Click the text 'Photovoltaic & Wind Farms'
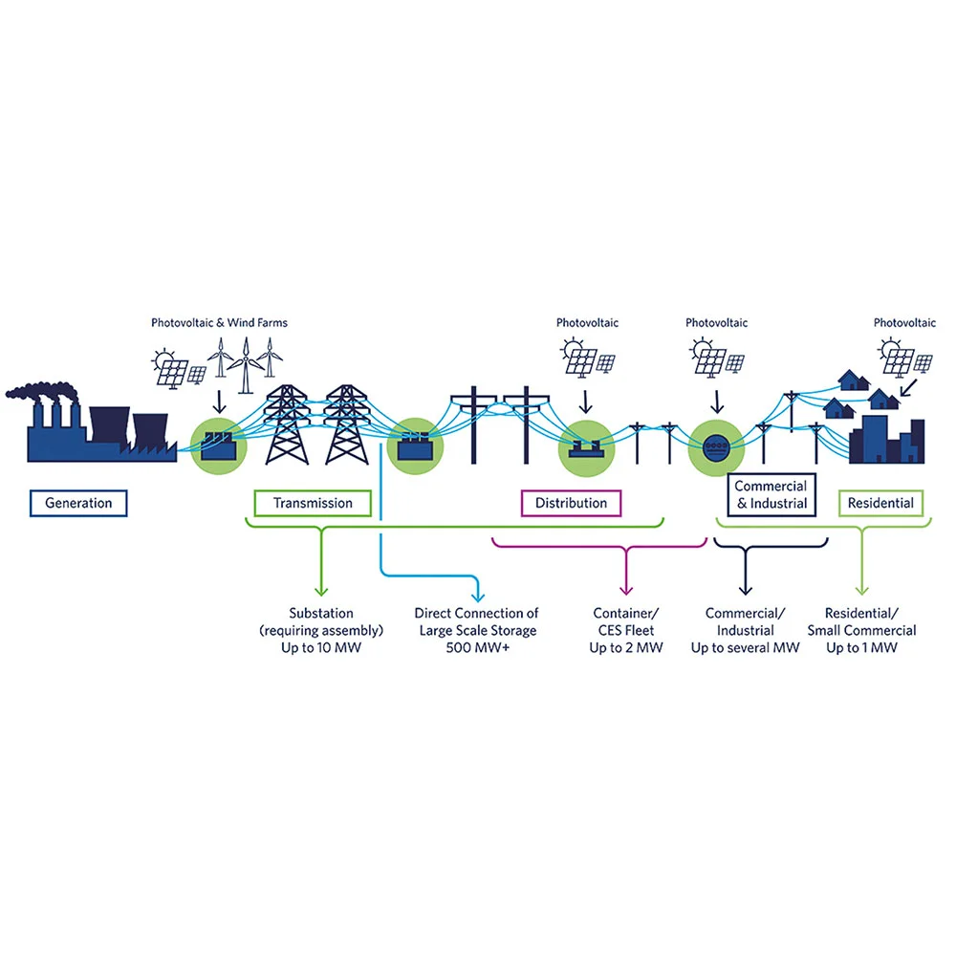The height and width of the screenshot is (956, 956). click(220, 322)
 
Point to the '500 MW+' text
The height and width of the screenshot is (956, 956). click(477, 647)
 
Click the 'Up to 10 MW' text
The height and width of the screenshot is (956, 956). click(321, 647)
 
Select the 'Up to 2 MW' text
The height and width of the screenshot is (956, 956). click(626, 647)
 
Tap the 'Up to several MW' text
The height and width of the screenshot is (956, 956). click(745, 647)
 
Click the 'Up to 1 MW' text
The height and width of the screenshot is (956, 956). click(862, 647)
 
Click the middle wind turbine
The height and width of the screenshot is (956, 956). click(246, 365)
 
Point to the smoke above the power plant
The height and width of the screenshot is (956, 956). click(41, 391)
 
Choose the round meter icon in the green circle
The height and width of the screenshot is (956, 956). click(716, 447)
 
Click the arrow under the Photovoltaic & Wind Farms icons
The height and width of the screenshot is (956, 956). click(219, 402)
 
